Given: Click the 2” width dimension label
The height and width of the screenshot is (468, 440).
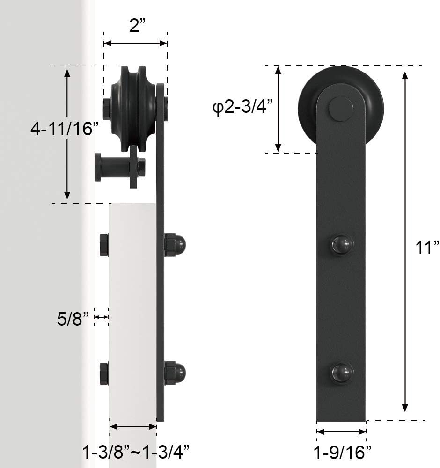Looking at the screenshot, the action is [138, 26].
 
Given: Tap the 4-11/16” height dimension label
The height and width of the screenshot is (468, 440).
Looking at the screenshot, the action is [65, 129].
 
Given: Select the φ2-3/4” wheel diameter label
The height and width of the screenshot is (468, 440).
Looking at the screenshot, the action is [242, 106].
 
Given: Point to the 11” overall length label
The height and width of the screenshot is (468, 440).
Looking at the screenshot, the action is [427, 248].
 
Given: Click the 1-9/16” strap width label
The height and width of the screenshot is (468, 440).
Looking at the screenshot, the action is [342, 452].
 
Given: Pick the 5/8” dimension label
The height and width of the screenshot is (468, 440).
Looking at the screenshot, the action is [73, 319].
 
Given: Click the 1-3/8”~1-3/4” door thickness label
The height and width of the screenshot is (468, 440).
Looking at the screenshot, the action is [136, 452].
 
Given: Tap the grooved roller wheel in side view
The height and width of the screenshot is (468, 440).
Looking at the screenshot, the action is [133, 109].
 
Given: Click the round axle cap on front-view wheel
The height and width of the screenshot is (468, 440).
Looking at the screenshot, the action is [341, 109].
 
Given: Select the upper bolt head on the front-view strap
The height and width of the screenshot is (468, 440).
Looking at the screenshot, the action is [342, 245].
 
